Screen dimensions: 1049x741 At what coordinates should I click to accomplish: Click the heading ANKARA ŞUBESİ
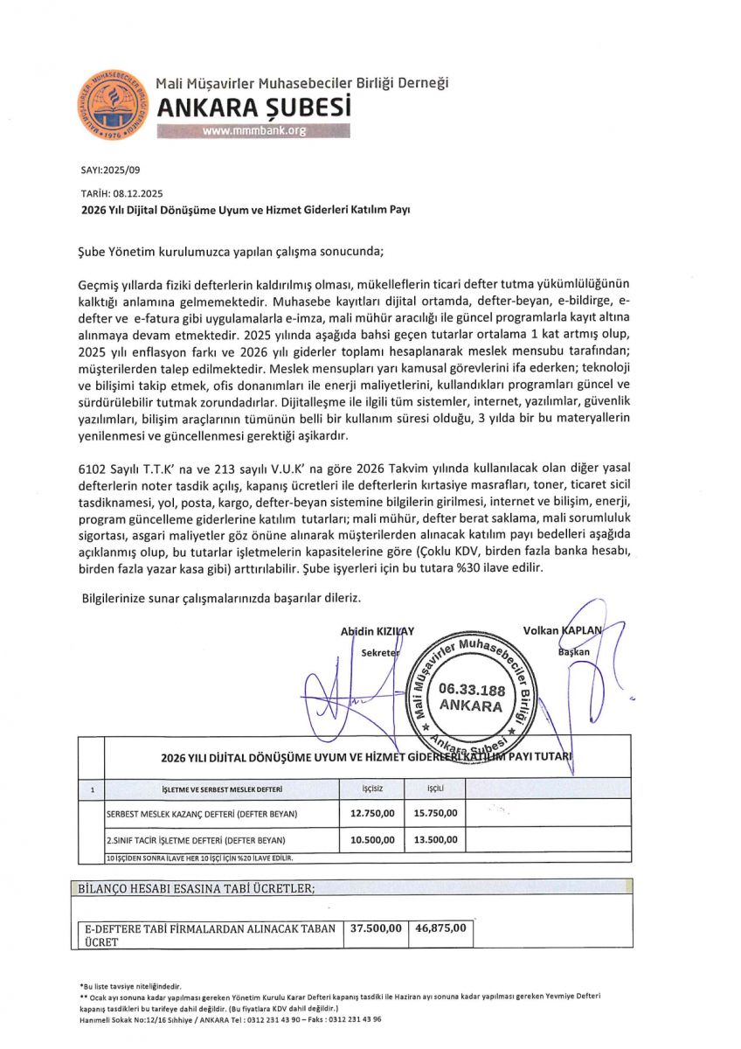[253, 108]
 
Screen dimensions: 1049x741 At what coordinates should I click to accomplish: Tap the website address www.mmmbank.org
[253, 131]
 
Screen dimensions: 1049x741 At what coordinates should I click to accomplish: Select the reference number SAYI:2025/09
[102, 170]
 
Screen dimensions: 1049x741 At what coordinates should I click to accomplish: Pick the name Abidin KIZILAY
[377, 631]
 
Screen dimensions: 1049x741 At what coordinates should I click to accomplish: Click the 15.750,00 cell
[435, 813]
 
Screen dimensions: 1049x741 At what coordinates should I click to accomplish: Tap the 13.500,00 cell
[435, 840]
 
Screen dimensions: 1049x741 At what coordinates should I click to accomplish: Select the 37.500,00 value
[376, 928]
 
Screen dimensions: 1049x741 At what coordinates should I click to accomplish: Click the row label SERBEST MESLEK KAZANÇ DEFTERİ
[202, 814]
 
